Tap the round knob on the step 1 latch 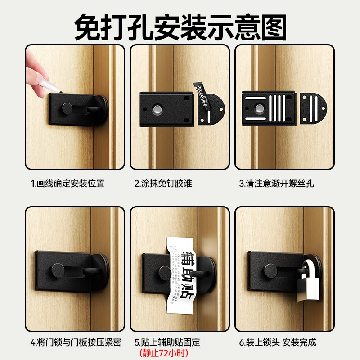click(67, 108)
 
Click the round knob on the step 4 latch click(58, 271)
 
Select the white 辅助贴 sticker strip click(183, 270)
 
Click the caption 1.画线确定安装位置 click(67, 183)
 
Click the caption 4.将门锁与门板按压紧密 click(76, 342)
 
